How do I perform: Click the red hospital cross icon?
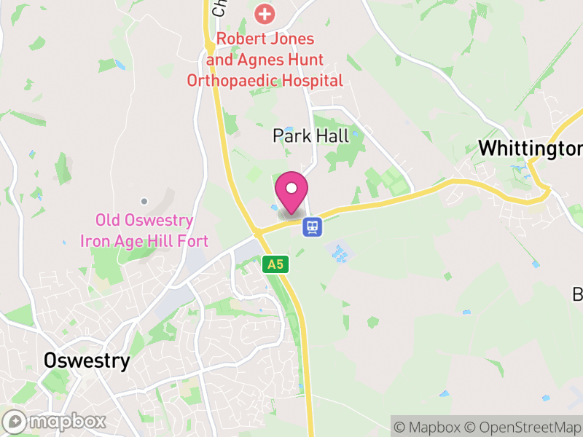click(x=265, y=13)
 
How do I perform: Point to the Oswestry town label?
click(x=87, y=361)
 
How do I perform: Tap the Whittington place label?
click(x=531, y=149)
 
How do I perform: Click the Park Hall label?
click(x=311, y=135)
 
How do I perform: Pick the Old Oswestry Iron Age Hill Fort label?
click(x=145, y=230)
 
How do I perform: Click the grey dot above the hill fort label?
click(x=144, y=201)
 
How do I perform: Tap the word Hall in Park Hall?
click(x=334, y=135)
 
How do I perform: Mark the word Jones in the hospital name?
click(x=294, y=39)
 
